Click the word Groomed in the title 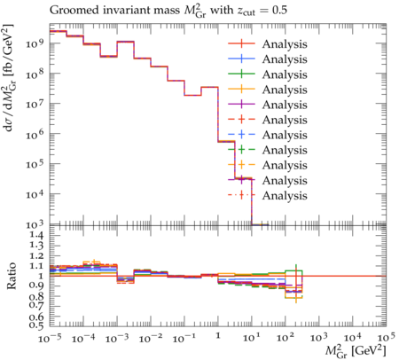(74, 11)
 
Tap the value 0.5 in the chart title (279, 11)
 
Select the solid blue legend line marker (241, 59)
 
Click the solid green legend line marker (241, 74)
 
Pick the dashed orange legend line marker (241, 165)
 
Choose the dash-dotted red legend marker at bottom (241, 195)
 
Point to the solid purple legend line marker (241, 105)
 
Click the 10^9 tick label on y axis (35, 43)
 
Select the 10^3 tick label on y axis (35, 224)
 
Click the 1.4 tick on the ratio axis (36, 236)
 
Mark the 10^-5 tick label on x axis (50, 338)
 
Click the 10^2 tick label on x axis (286, 338)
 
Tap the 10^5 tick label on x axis (386, 338)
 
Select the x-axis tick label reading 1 (218, 336)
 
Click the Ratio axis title (12, 276)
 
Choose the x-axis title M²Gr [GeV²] (356, 351)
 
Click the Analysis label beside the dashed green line (285, 150)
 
